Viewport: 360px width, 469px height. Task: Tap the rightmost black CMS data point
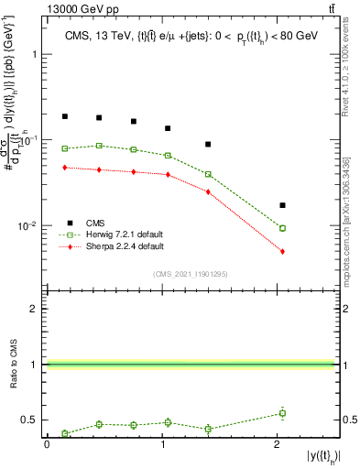282,205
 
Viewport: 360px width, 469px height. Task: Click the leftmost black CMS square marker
65,116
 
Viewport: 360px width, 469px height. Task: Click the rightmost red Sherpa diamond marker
282,251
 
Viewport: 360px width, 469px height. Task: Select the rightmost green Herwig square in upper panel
282,228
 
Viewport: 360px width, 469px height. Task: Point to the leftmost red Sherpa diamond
65,168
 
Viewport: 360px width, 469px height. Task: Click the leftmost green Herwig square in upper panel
65,148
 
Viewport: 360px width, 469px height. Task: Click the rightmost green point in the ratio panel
282,413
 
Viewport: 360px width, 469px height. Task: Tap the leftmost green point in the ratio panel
65,433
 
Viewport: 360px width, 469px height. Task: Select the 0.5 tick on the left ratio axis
34,420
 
